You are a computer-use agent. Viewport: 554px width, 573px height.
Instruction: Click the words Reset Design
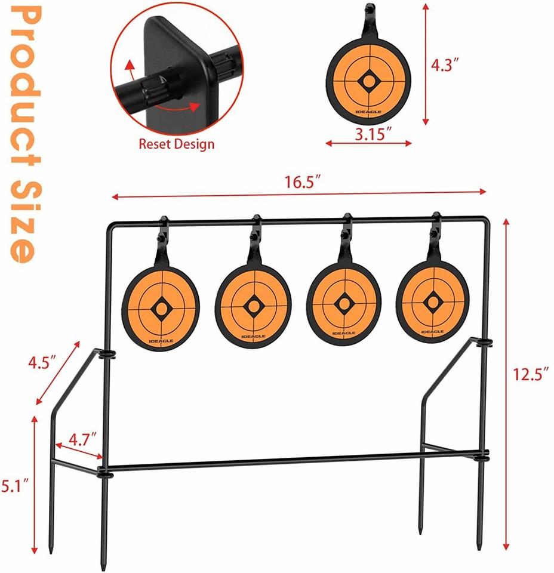(x=176, y=144)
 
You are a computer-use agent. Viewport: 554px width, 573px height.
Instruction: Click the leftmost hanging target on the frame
(x=159, y=307)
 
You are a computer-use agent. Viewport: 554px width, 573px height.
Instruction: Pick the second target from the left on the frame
(x=253, y=306)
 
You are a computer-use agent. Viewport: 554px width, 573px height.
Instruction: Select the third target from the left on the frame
(x=343, y=304)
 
